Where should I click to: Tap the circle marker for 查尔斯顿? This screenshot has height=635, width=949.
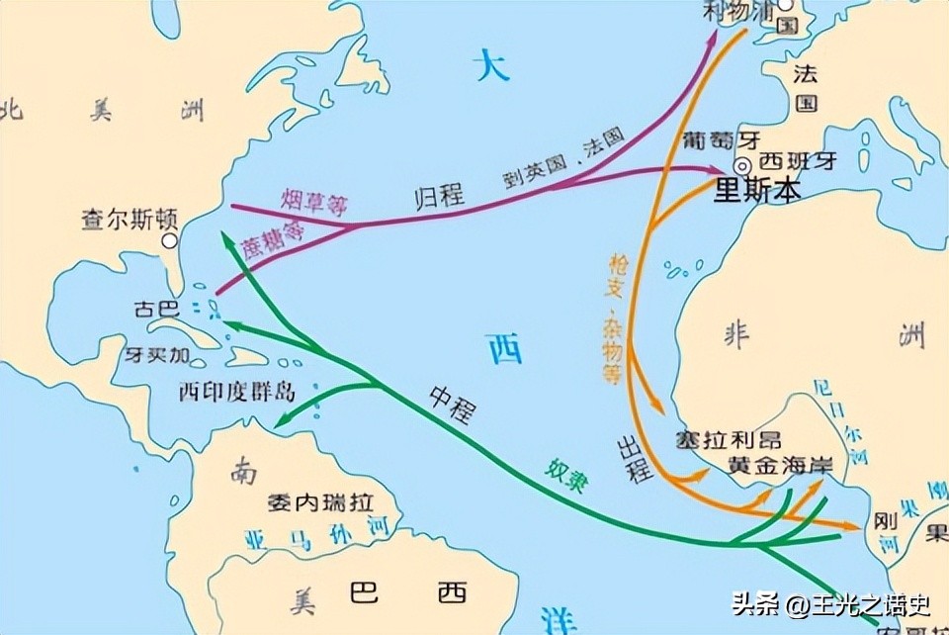[x=170, y=240]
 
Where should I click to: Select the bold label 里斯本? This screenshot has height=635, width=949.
[x=757, y=191]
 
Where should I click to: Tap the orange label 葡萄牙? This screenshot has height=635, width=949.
[x=709, y=140]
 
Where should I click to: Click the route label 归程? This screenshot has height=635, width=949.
[x=439, y=194]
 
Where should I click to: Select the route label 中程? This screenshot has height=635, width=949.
[x=451, y=399]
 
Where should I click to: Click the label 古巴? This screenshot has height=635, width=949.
[x=155, y=310]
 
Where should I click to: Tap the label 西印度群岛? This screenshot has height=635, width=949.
[x=237, y=391]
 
